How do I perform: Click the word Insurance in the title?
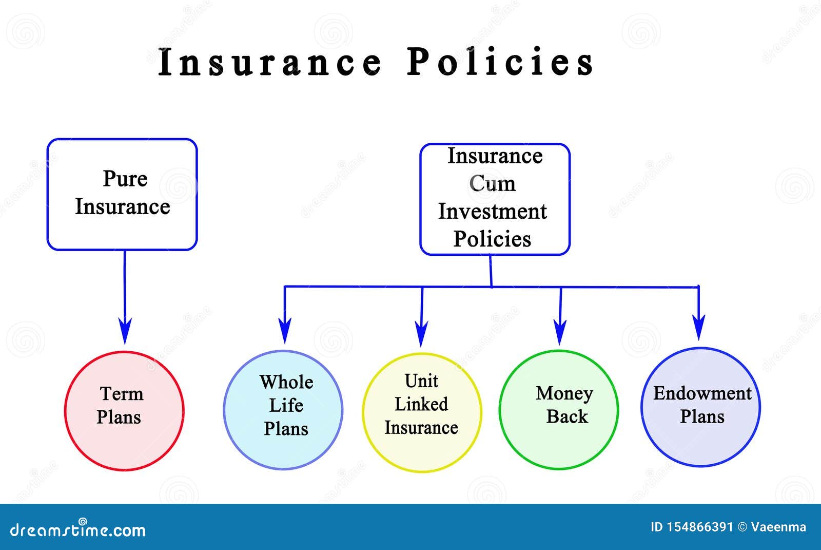(270, 62)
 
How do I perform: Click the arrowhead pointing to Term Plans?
(125, 331)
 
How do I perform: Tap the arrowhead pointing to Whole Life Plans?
(285, 331)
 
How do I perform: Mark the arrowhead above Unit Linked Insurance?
(421, 333)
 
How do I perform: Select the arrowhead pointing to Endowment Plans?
(698, 327)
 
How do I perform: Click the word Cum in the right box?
(492, 183)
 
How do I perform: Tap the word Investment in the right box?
(492, 211)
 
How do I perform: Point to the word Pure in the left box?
(125, 179)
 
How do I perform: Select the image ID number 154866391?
(699, 527)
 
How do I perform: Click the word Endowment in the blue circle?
(702, 393)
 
